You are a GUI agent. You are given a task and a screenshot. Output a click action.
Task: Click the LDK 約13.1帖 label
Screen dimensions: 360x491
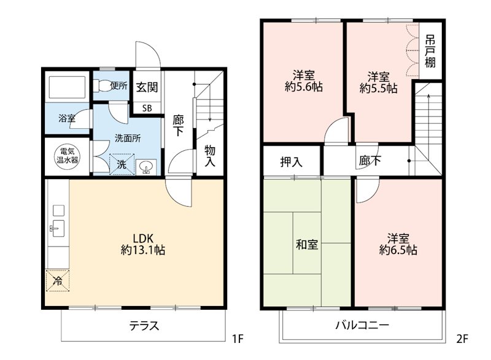coord(142,244)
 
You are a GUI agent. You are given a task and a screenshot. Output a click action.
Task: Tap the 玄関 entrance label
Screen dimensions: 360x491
coord(147,86)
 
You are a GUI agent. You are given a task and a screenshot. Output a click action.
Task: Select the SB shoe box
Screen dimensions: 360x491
coord(147,108)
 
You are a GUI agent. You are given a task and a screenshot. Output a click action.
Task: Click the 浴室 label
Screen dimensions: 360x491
coord(67,118)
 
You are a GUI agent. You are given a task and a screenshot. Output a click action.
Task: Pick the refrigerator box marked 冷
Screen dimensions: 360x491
coord(57,281)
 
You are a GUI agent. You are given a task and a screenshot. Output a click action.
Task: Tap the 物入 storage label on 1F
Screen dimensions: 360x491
coord(210,156)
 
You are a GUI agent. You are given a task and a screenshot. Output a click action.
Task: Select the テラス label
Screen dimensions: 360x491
coord(144,326)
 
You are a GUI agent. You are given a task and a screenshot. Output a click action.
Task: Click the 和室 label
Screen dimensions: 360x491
coord(307,245)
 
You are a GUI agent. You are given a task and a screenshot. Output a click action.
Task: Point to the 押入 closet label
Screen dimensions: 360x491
coord(292,162)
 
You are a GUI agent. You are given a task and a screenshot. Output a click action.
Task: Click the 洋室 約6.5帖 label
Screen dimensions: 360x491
coord(398,243)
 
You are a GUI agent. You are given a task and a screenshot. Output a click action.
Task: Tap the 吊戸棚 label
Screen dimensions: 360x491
coord(430,51)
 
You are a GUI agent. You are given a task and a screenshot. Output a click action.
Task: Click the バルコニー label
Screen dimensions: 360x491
coord(362,326)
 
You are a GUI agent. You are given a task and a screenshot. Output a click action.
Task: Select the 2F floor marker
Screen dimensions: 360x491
coord(463,338)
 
